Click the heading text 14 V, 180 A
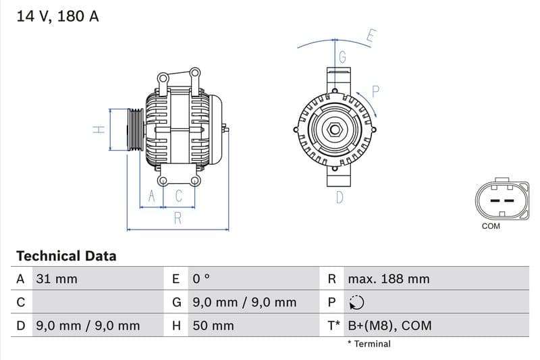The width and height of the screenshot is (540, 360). (57, 17)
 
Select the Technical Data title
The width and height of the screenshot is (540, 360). (66, 256)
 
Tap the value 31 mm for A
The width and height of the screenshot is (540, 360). (57, 279)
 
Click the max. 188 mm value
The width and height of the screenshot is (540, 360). (388, 279)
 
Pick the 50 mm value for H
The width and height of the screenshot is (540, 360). (213, 326)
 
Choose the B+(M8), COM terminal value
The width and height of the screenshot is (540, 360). (389, 326)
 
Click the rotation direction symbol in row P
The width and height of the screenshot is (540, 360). (356, 303)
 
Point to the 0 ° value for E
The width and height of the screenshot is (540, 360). (202, 279)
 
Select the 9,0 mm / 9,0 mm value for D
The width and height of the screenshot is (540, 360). (87, 326)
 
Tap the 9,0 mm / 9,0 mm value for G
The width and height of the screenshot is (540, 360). (244, 303)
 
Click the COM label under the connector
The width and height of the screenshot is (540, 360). (491, 226)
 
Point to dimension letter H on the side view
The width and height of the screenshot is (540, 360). (99, 129)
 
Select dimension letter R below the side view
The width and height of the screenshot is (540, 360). (178, 217)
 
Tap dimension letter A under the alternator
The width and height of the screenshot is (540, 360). (152, 197)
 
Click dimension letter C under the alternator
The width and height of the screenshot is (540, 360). (179, 197)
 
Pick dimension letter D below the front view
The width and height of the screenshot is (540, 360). (340, 197)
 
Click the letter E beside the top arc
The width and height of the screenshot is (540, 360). (371, 35)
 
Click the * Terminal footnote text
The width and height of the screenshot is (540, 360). (369, 344)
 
